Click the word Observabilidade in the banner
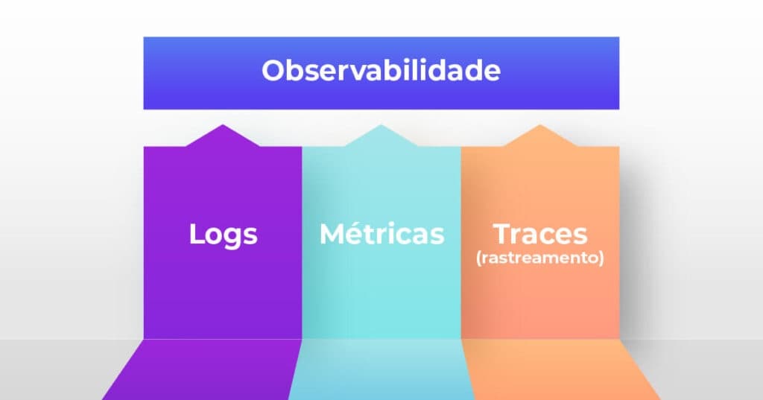pos(381,72)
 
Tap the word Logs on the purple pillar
pos(223,234)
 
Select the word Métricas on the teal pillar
pos(381,234)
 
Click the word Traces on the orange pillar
pos(540,233)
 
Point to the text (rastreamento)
pos(540,259)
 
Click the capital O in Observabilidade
pos(273,72)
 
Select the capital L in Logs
pos(195,234)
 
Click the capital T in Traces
pos(503,233)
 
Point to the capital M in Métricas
pos(332,234)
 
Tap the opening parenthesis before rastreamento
pos(479,259)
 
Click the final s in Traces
pos(580,235)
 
